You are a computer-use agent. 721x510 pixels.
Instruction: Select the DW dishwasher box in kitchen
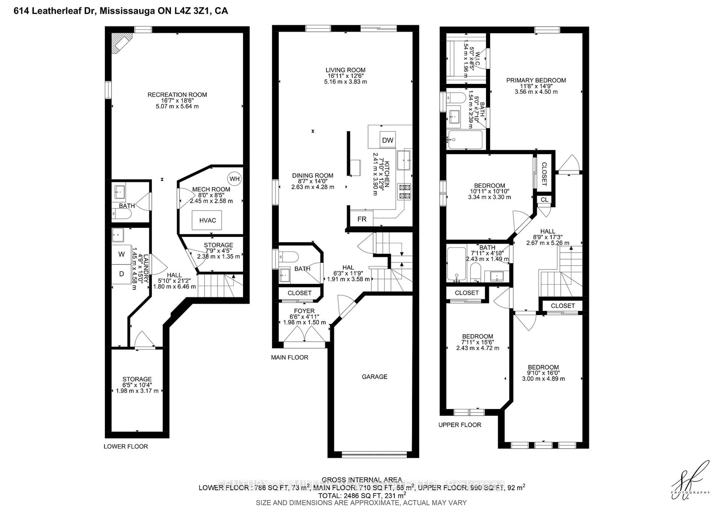[388, 140]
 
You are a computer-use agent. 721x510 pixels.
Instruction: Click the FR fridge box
[362, 219]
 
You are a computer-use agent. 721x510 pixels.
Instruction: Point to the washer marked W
[121, 254]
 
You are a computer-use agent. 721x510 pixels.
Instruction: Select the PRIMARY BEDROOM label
[536, 80]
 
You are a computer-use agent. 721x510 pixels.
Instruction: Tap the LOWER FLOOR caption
[126, 446]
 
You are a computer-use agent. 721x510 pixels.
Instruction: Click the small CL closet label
[544, 200]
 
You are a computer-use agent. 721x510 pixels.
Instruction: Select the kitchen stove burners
[404, 192]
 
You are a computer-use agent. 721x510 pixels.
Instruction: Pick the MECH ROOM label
[211, 189]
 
